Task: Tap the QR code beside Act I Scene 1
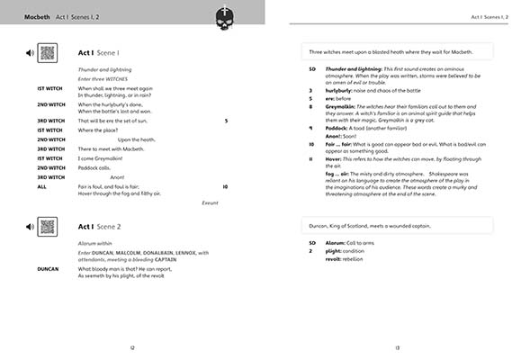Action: coord(48,52)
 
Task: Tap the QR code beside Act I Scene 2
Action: coord(48,227)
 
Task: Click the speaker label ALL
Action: coord(41,186)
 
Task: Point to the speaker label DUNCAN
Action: coord(48,268)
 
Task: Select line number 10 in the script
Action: coord(225,186)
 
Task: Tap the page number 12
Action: coord(132,347)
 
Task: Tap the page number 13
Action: coord(397,347)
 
